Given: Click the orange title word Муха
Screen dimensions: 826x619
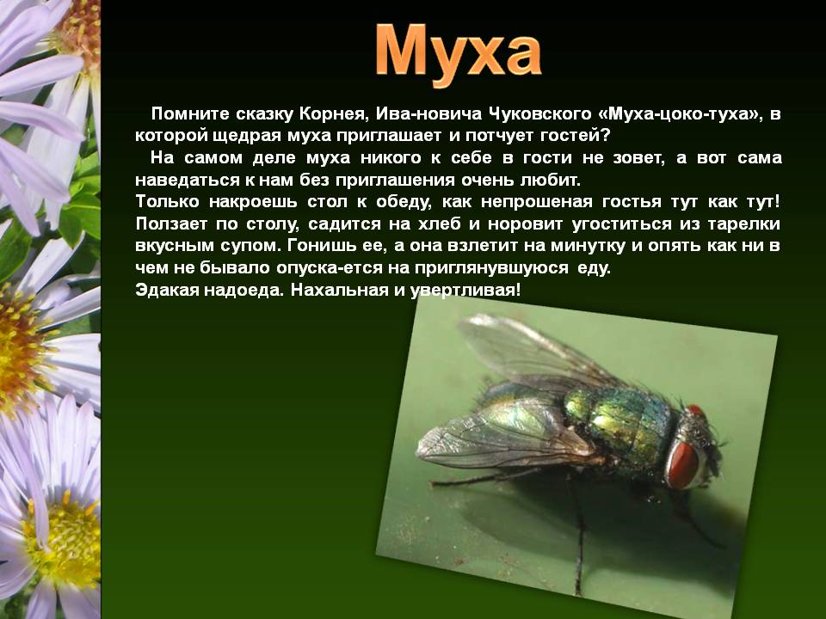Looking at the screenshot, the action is pyautogui.click(x=458, y=53).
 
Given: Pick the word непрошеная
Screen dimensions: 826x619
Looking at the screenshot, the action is pyautogui.click(x=536, y=201).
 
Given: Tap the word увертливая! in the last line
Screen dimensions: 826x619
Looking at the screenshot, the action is pyautogui.click(x=465, y=291).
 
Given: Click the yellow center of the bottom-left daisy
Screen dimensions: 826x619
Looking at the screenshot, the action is pyautogui.click(x=63, y=542).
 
